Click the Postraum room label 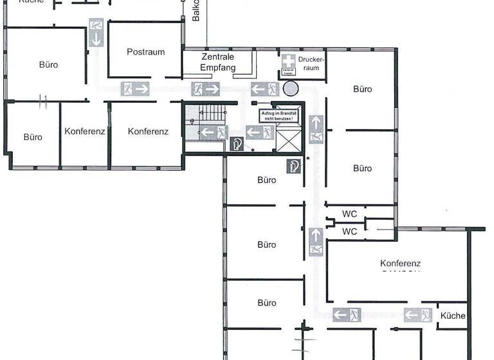tap(145, 52)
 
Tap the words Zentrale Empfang tap(217, 62)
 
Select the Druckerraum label tap(311, 63)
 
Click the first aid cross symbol tap(289, 60)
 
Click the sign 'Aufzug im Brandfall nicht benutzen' tap(279, 116)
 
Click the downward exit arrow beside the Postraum tap(96, 33)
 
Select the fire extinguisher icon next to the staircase tap(237, 144)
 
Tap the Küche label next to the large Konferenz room tap(452, 316)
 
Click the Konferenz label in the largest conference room tap(400, 264)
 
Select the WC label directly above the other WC tap(349, 214)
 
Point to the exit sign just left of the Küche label tap(417, 315)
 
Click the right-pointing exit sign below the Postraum tap(135, 88)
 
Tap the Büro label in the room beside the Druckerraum tap(362, 89)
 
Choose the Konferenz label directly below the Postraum tap(148, 132)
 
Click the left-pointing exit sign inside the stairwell tap(214, 132)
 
